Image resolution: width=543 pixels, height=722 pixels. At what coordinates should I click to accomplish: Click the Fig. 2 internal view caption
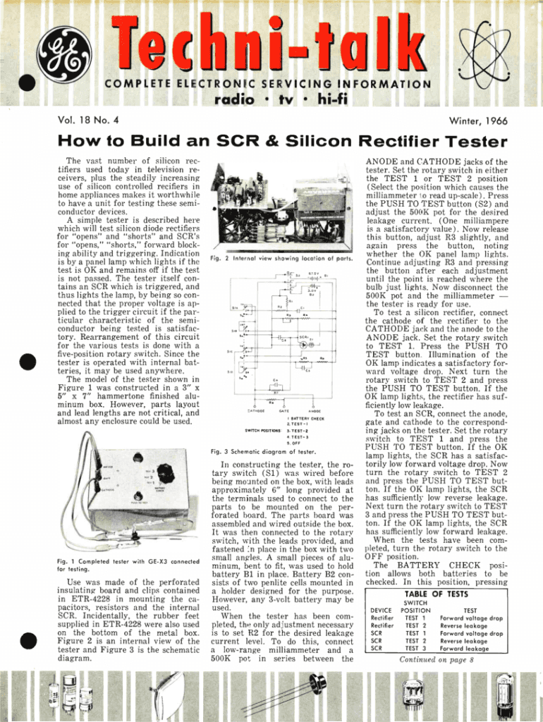pyautogui.click(x=281, y=259)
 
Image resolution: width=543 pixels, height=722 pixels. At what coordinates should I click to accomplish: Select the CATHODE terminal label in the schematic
pyautogui.click(x=255, y=410)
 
